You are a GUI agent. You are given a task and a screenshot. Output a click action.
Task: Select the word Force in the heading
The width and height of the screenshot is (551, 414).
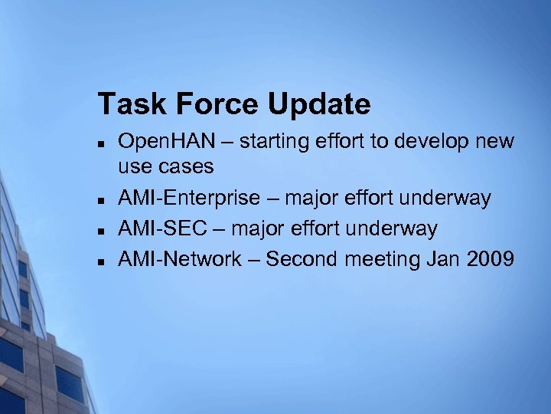[214, 104]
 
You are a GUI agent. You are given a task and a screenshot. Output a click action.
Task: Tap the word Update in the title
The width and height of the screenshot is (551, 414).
[319, 104]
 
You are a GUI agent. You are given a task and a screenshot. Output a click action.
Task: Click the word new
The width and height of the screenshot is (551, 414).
[495, 143]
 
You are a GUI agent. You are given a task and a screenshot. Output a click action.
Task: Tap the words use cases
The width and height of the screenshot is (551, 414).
[165, 166]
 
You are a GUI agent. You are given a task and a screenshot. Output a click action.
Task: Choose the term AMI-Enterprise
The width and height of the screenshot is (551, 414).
[188, 199]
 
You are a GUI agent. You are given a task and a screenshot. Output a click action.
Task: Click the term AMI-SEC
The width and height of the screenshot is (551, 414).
[163, 229]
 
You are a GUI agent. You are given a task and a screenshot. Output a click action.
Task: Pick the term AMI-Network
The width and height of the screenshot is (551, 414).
[180, 260]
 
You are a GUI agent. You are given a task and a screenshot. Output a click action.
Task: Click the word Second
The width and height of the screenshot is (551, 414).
[302, 260]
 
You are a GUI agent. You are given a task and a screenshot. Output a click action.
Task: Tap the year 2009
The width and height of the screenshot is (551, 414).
[490, 260]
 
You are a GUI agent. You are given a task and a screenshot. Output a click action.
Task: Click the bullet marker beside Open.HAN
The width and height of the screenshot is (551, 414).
[101, 143]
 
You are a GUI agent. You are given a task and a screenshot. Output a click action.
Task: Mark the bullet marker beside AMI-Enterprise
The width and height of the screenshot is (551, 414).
[101, 200]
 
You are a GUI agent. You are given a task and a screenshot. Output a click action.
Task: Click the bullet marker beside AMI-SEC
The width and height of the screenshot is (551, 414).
[101, 230]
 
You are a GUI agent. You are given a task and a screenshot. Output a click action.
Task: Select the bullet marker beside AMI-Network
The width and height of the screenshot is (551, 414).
[101, 261]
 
